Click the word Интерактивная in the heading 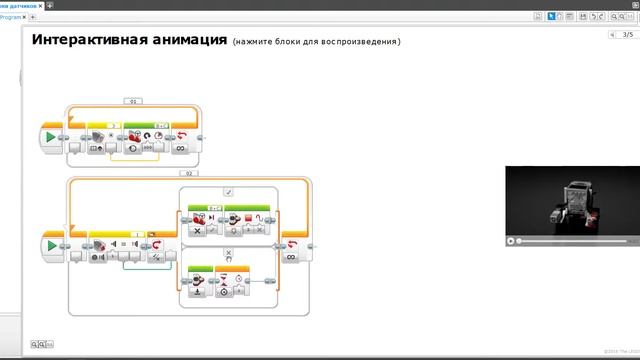84,40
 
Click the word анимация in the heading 183,40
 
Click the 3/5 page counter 627,35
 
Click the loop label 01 134,101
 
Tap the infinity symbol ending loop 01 181,147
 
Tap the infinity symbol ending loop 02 291,256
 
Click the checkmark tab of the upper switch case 228,190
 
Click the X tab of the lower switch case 228,252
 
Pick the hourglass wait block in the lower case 224,282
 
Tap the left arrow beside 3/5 612,35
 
